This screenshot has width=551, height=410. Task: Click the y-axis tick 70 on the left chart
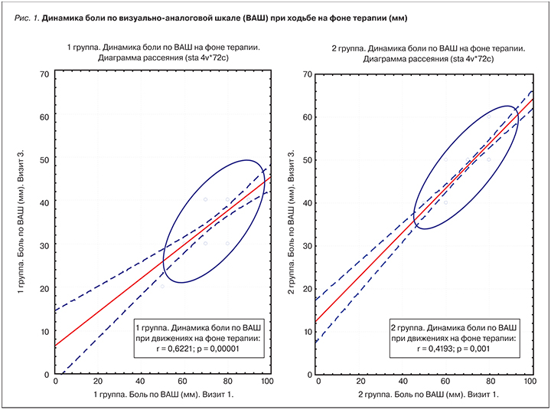44,74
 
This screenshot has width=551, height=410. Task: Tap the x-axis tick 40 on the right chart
403,382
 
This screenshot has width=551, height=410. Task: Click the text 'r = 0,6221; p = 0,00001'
197,349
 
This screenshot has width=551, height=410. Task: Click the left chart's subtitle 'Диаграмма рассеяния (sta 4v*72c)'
161,58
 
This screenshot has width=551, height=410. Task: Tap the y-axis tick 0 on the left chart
47,375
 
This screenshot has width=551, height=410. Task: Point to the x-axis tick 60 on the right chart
445,382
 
